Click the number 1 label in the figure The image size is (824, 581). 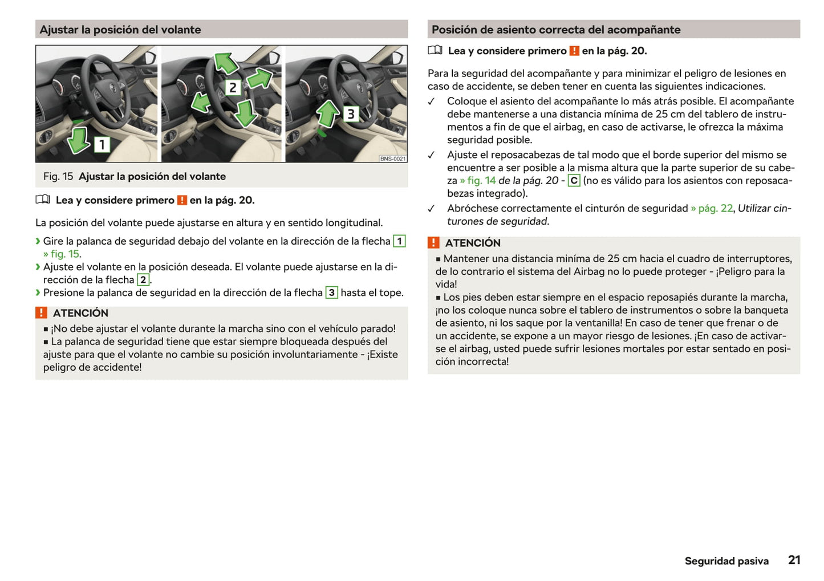[x=102, y=144]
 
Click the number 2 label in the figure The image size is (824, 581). [x=233, y=87]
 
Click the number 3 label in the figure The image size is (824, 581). [x=351, y=114]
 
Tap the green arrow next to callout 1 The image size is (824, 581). [x=79, y=140]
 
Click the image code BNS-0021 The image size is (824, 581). [x=393, y=159]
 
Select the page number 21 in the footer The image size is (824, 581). [x=794, y=560]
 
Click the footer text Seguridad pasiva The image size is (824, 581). [x=726, y=561]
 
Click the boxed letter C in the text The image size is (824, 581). [x=574, y=181]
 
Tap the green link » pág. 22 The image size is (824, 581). [x=712, y=208]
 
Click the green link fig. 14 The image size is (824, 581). [x=478, y=181]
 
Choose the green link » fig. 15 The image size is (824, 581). [x=62, y=254]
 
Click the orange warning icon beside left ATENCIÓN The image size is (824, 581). [x=41, y=312]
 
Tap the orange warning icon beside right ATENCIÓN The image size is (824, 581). [x=433, y=243]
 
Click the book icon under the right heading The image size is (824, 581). [x=435, y=50]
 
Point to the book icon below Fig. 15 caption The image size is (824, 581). [x=43, y=200]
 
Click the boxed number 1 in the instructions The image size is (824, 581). [x=400, y=241]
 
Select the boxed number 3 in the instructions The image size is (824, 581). [x=331, y=292]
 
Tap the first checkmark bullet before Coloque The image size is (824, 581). [x=432, y=101]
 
